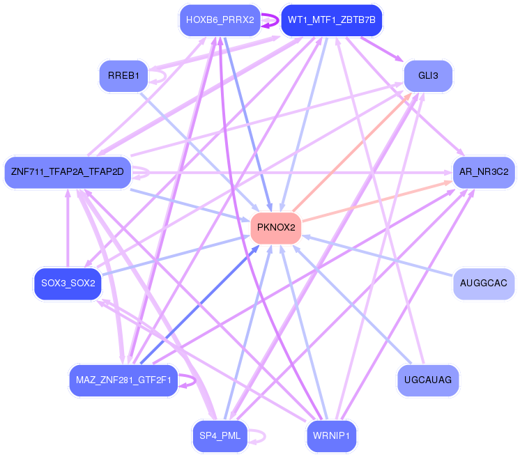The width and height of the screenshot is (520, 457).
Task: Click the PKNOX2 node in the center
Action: coord(276,227)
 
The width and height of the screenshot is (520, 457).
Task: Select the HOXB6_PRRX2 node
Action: coord(220,20)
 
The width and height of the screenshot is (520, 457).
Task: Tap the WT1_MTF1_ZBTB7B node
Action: coord(332,20)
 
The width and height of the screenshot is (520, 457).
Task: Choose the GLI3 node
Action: coord(428,76)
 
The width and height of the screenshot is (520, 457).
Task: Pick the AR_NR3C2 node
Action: coord(484,171)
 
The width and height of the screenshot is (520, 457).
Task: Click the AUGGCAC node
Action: coord(484,284)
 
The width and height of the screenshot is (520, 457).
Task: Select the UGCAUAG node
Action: coord(428,380)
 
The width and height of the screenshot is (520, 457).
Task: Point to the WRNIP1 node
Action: coord(332,436)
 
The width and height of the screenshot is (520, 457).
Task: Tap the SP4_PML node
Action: coord(220,436)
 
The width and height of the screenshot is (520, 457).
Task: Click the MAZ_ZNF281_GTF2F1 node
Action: coord(123,380)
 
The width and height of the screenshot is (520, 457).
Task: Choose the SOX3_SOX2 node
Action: coord(68,284)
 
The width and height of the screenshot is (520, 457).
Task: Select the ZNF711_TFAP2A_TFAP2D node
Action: coord(68,171)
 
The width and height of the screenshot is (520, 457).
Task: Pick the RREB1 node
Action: coord(123,76)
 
